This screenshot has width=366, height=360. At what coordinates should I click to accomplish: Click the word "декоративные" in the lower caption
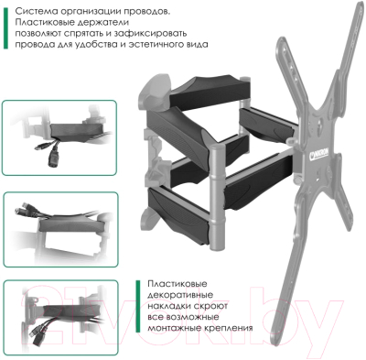click(180, 296)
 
